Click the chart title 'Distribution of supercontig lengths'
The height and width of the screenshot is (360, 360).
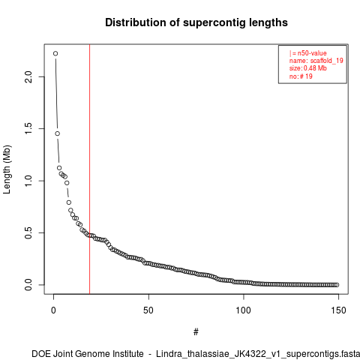pyautogui.click(x=196, y=22)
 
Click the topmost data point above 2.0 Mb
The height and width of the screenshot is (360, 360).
pyautogui.click(x=55, y=53)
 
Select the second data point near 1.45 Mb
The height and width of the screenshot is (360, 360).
pyautogui.click(x=58, y=133)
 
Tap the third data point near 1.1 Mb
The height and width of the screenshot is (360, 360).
pyautogui.click(x=59, y=168)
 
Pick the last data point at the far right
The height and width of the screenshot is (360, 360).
pyautogui.click(x=337, y=285)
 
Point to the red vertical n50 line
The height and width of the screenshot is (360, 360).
pyautogui.click(x=89, y=169)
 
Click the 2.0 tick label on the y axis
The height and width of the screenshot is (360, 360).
pyautogui.click(x=28, y=76)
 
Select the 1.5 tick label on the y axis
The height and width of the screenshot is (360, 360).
pyautogui.click(x=28, y=128)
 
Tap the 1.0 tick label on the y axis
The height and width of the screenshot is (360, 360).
pyautogui.click(x=28, y=181)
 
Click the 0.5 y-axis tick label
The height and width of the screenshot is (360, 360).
pyautogui.click(x=28, y=232)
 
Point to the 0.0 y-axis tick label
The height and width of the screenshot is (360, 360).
pyautogui.click(x=28, y=285)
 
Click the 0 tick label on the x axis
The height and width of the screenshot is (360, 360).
pyautogui.click(x=53, y=310)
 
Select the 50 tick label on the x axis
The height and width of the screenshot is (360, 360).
pyautogui.click(x=148, y=310)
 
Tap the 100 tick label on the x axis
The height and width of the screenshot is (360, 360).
pyautogui.click(x=243, y=310)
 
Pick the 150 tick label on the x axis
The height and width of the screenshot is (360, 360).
pyautogui.click(x=338, y=310)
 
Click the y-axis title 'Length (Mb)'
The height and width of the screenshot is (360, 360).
pyautogui.click(x=7, y=169)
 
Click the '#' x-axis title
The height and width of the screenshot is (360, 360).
pyautogui.click(x=196, y=332)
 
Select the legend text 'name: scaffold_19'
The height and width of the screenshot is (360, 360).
pyautogui.click(x=316, y=61)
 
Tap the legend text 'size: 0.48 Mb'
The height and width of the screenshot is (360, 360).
pyautogui.click(x=308, y=68)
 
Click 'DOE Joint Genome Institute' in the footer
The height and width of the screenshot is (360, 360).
pyautogui.click(x=88, y=354)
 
